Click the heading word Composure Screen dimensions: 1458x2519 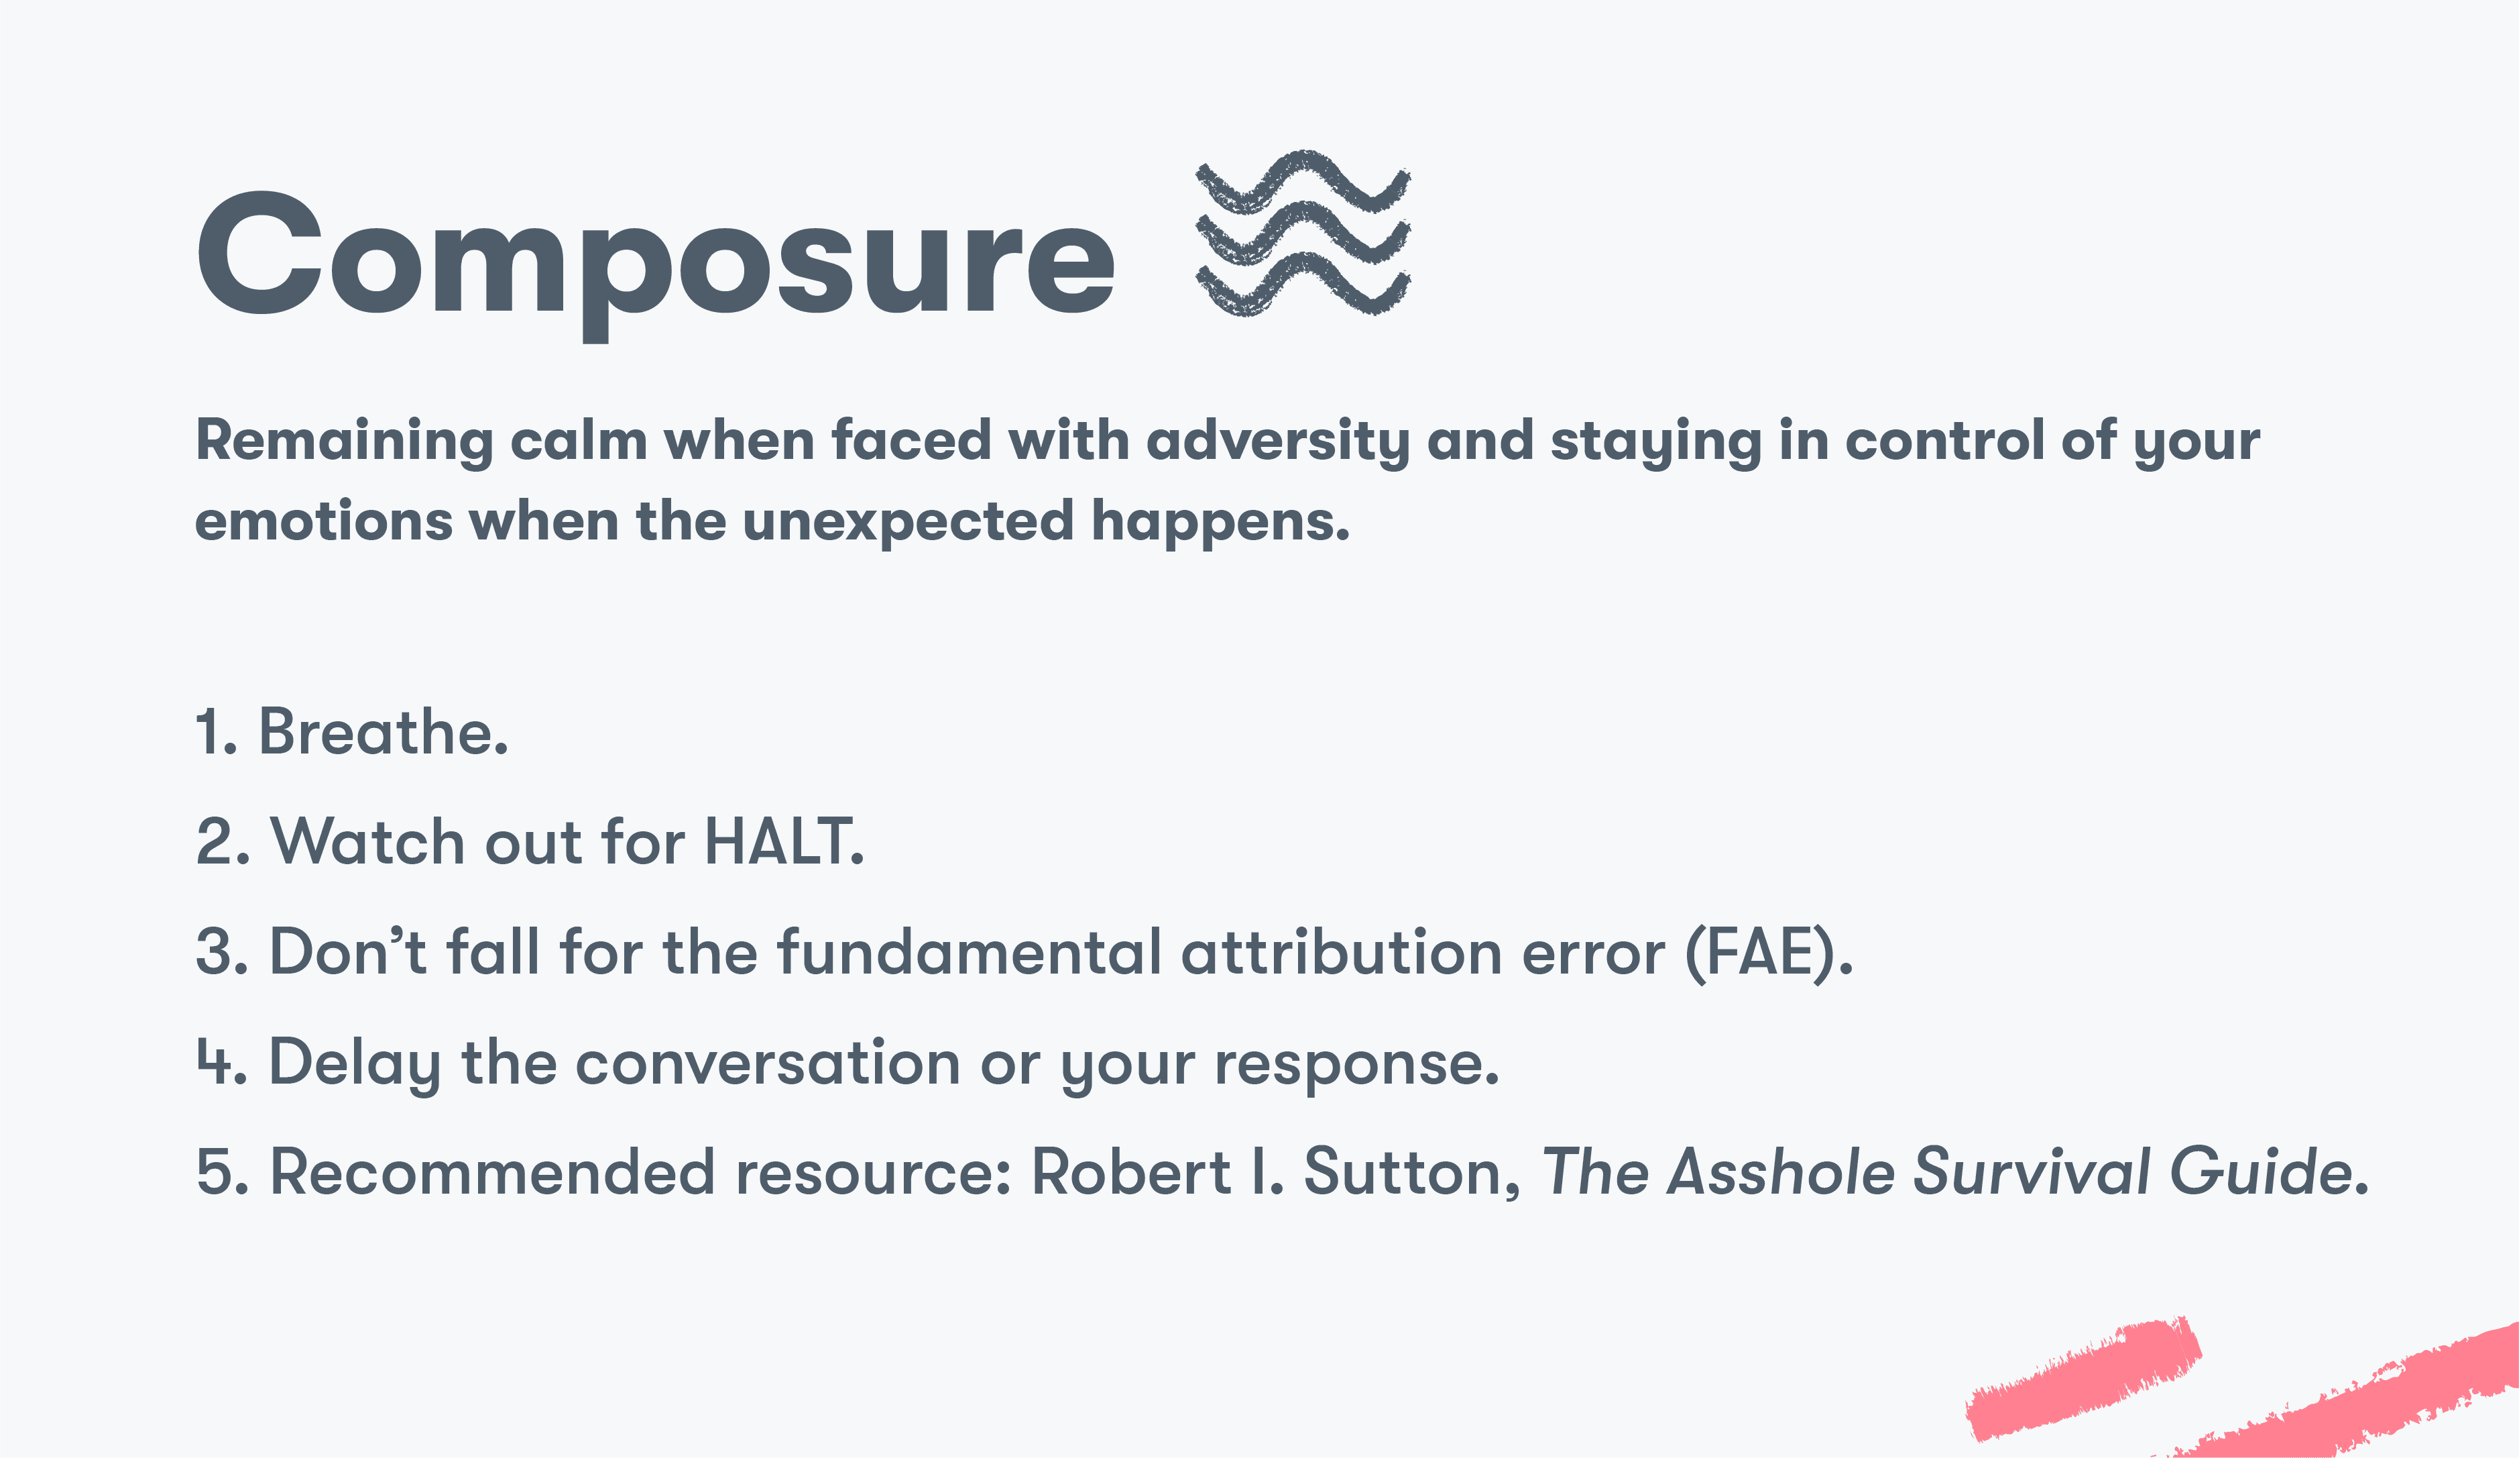(655, 255)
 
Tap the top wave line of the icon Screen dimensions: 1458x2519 (1303, 180)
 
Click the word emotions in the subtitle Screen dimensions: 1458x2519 (323, 522)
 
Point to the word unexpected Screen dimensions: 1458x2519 (908, 522)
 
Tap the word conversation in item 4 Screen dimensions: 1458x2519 (768, 1062)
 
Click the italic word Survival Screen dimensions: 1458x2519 (2030, 1172)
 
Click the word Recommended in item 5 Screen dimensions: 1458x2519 (493, 1172)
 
